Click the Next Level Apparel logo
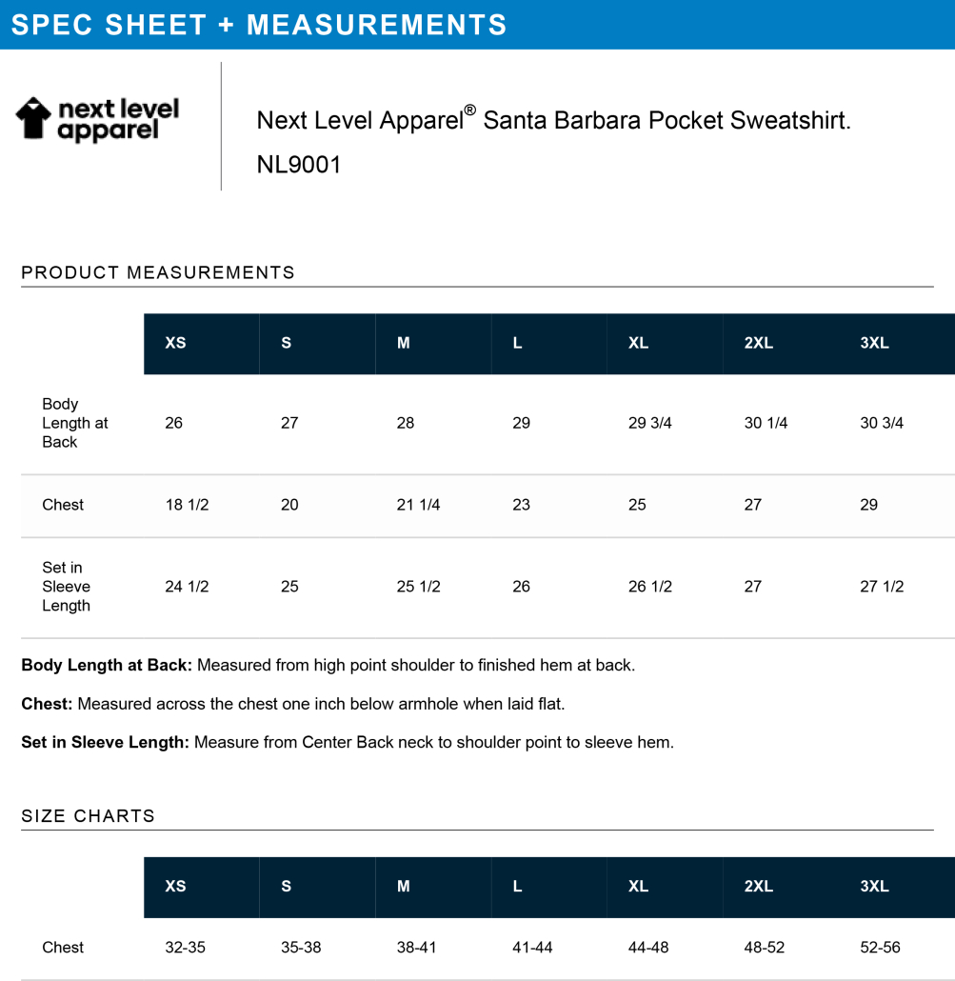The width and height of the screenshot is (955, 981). [x=97, y=120]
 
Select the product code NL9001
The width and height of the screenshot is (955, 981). [x=299, y=165]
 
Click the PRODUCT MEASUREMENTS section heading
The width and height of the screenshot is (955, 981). [x=158, y=273]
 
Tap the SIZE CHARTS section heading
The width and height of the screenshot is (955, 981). [x=88, y=816]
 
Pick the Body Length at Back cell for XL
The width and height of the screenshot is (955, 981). [x=650, y=423]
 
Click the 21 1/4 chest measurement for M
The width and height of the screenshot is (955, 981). [x=418, y=505]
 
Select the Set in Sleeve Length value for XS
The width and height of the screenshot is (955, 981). [x=187, y=587]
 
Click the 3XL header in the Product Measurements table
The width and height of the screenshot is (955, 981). [x=874, y=343]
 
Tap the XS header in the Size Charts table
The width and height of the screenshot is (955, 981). [x=175, y=886]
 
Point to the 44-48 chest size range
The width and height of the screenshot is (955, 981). [x=649, y=948]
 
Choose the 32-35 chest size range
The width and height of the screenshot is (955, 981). [x=185, y=948]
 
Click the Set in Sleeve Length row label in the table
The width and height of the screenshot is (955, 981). [x=66, y=587]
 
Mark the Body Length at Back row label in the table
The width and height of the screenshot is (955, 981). [x=75, y=423]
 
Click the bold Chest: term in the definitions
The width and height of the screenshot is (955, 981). [x=47, y=704]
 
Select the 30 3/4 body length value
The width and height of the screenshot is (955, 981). [x=882, y=423]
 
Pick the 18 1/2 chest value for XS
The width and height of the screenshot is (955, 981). [x=187, y=505]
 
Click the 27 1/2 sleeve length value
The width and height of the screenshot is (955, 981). [x=882, y=587]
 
